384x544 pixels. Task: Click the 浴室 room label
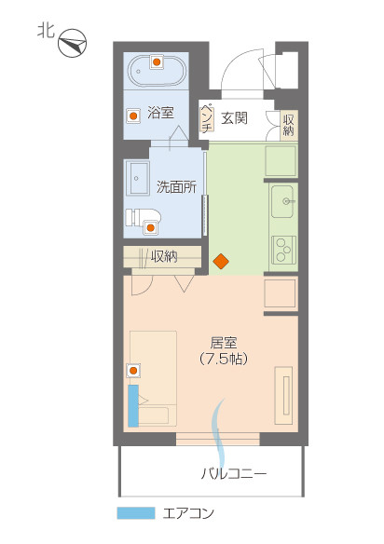pyautogui.click(x=160, y=113)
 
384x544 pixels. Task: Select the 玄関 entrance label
pyautogui.click(x=234, y=117)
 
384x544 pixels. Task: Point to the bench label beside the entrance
pyautogui.click(x=208, y=118)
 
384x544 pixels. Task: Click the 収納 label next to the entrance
pyautogui.click(x=288, y=124)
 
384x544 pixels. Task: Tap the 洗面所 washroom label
pyautogui.click(x=176, y=185)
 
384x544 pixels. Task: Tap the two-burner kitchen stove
pyautogui.click(x=282, y=249)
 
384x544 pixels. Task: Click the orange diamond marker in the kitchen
pyautogui.click(x=221, y=262)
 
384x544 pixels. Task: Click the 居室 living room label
pyautogui.click(x=223, y=342)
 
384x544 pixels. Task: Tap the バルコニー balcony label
pyautogui.click(x=234, y=473)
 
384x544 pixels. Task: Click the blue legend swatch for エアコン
pyautogui.click(x=135, y=513)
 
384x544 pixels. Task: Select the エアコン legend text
pyautogui.click(x=188, y=513)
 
